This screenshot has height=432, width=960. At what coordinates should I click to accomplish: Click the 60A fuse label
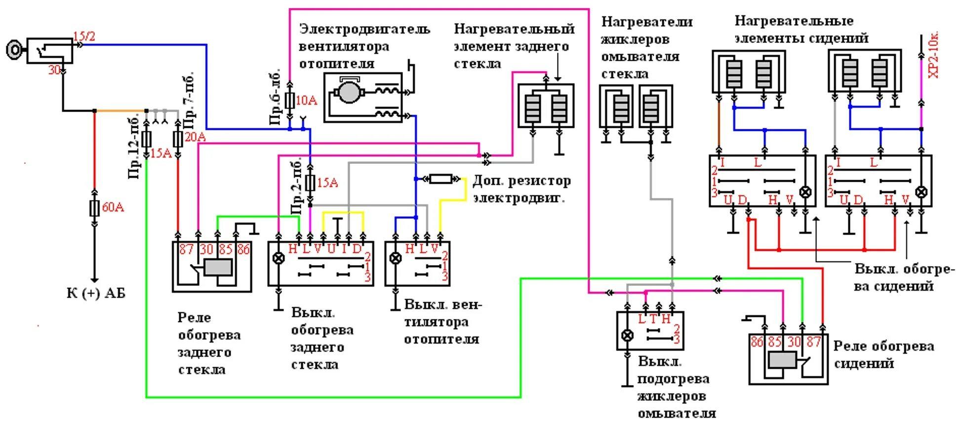point(113,207)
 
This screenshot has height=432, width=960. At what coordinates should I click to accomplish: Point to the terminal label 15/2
point(84,36)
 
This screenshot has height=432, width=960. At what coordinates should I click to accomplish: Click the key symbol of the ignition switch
point(14,49)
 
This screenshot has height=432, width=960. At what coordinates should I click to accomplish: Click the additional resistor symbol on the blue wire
point(440,179)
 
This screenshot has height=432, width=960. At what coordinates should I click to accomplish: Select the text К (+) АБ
point(96,293)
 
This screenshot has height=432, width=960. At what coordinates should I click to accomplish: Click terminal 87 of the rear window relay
point(186,249)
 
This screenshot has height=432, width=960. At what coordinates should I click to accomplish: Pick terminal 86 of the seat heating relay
point(757,341)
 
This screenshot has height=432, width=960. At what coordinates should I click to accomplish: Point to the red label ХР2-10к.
point(933,54)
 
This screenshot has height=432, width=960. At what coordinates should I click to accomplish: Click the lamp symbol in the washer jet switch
point(627,336)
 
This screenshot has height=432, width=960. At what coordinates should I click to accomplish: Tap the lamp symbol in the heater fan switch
point(395,258)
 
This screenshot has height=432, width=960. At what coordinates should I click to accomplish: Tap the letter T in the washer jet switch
point(653,319)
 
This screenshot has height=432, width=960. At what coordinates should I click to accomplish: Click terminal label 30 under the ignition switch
point(54,71)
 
